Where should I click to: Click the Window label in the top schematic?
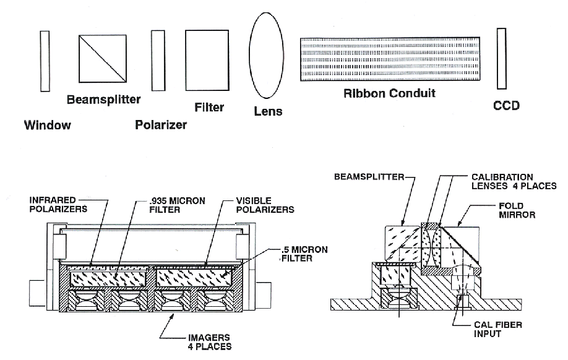pyautogui.click(x=48, y=125)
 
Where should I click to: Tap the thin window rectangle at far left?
pyautogui.click(x=45, y=61)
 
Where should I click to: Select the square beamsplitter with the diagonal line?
pyautogui.click(x=103, y=58)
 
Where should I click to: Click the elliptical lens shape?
pyautogui.click(x=266, y=56)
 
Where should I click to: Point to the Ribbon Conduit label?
pyautogui.click(x=389, y=93)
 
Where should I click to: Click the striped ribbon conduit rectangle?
pyautogui.click(x=390, y=59)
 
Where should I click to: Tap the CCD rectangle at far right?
pyautogui.click(x=501, y=59)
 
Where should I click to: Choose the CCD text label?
pyautogui.click(x=506, y=105)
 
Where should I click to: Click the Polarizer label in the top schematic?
pyautogui.click(x=161, y=125)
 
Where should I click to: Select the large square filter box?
pyautogui.click(x=207, y=60)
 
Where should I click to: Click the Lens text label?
pyautogui.click(x=268, y=111)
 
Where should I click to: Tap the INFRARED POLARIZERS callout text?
pyautogui.click(x=58, y=205)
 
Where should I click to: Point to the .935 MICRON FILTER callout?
pyautogui.click(x=177, y=205)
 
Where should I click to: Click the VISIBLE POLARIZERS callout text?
pyautogui.click(x=265, y=205)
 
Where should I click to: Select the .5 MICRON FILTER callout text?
pyautogui.click(x=304, y=254)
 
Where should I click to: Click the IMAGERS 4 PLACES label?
pyautogui.click(x=209, y=342)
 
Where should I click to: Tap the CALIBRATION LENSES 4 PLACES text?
pyautogui.click(x=514, y=182)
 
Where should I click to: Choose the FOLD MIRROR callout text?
pyautogui.click(x=517, y=210)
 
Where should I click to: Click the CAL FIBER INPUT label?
pyautogui.click(x=498, y=329)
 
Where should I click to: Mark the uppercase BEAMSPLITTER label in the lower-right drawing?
pyautogui.click(x=369, y=177)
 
